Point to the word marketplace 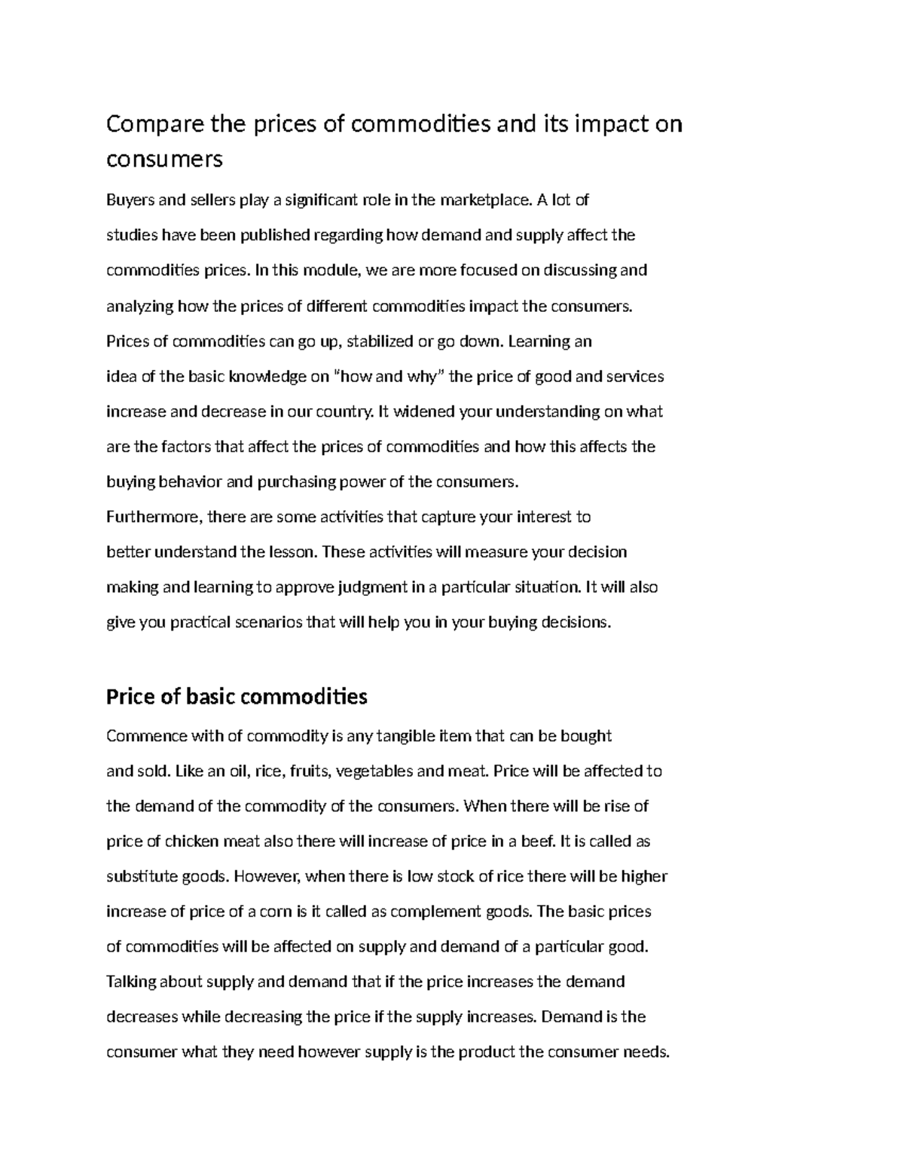tap(485, 200)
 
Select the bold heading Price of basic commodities tap(237, 696)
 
